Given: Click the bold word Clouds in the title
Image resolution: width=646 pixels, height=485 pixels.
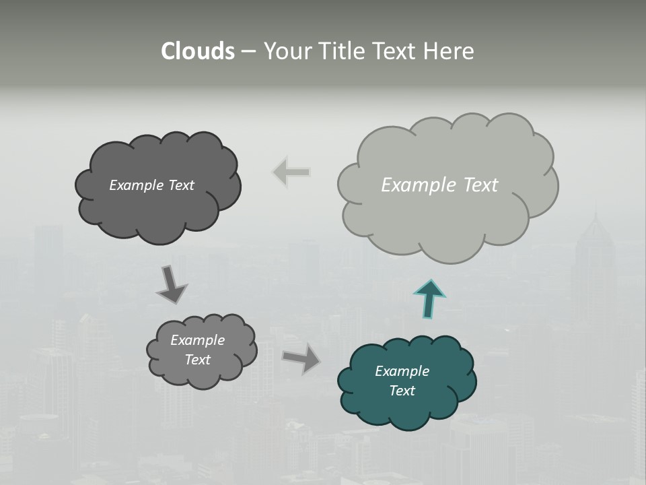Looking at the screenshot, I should (x=197, y=51).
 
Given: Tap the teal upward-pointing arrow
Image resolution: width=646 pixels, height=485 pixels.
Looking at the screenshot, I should (x=429, y=298).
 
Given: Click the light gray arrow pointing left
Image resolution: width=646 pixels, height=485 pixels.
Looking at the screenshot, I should (x=291, y=172).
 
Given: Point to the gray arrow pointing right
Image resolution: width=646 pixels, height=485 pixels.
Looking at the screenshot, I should (x=301, y=358).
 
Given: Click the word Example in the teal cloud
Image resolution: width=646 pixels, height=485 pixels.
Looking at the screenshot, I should (x=402, y=371).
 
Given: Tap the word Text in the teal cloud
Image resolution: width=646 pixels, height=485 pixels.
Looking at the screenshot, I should (x=402, y=391).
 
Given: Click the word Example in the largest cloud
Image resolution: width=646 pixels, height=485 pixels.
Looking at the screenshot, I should (x=411, y=185).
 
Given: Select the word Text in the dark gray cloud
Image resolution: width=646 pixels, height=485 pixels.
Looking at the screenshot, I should (x=180, y=185).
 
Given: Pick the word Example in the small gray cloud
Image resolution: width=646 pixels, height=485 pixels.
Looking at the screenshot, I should (x=197, y=340).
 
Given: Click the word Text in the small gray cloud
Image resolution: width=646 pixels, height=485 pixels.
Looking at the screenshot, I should (x=197, y=360).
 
